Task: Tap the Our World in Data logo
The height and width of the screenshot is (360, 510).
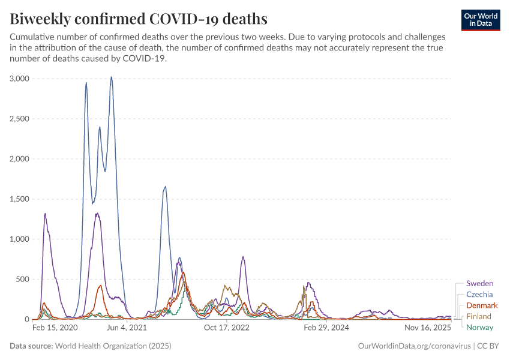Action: [x=481, y=20]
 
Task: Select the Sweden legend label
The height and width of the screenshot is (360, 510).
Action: [x=479, y=283]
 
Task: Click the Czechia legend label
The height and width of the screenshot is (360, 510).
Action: [x=479, y=294]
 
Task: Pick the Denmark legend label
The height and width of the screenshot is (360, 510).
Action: [x=482, y=305]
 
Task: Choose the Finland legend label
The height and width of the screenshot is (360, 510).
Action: [x=479, y=316]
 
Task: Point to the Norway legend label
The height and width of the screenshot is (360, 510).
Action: [x=479, y=328]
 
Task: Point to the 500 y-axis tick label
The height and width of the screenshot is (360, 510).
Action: [x=23, y=279]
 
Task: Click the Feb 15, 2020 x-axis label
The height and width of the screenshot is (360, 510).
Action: [x=55, y=328]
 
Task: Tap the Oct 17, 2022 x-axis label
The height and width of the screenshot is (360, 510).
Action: [x=226, y=328]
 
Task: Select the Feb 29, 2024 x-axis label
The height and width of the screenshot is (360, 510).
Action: [x=326, y=328]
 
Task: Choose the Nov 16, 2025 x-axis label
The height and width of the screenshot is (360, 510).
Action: [x=427, y=328]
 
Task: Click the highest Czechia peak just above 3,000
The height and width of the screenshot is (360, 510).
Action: [x=111, y=77]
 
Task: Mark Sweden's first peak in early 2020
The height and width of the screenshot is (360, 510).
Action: [x=45, y=214]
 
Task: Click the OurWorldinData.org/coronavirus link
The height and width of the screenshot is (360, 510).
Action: [x=414, y=346]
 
